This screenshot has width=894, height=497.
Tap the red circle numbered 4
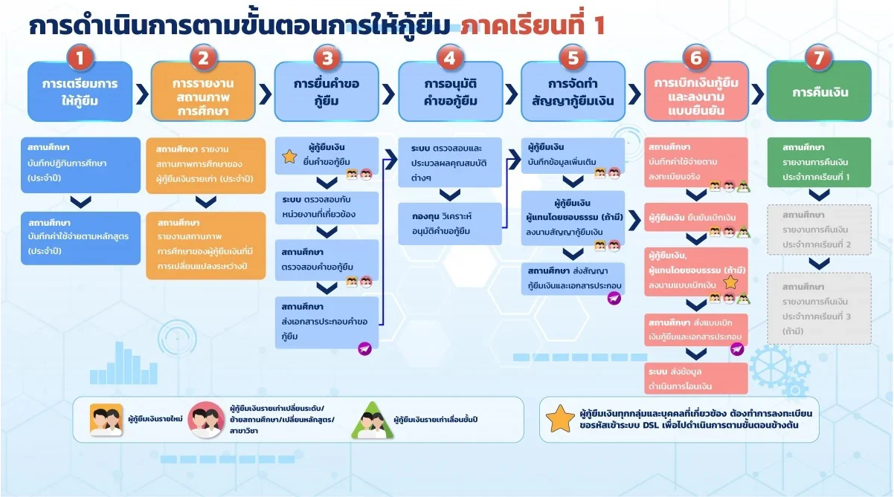click(448, 58)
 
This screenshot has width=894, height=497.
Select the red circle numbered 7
click(818, 58)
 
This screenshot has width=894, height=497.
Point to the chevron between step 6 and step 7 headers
click(757, 94)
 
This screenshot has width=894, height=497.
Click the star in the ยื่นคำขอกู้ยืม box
click(289, 157)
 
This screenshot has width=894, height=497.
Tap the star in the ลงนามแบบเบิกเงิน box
click(730, 282)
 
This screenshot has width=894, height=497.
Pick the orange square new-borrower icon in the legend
click(106, 420)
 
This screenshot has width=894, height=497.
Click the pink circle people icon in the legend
click(206, 420)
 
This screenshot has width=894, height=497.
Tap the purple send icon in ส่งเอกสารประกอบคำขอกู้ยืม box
click(364, 348)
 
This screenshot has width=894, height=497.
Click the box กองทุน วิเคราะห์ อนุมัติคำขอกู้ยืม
click(449, 224)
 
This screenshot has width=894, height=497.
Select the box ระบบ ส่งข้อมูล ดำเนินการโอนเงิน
click(695, 377)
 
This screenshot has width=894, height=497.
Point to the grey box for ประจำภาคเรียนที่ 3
click(818, 308)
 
